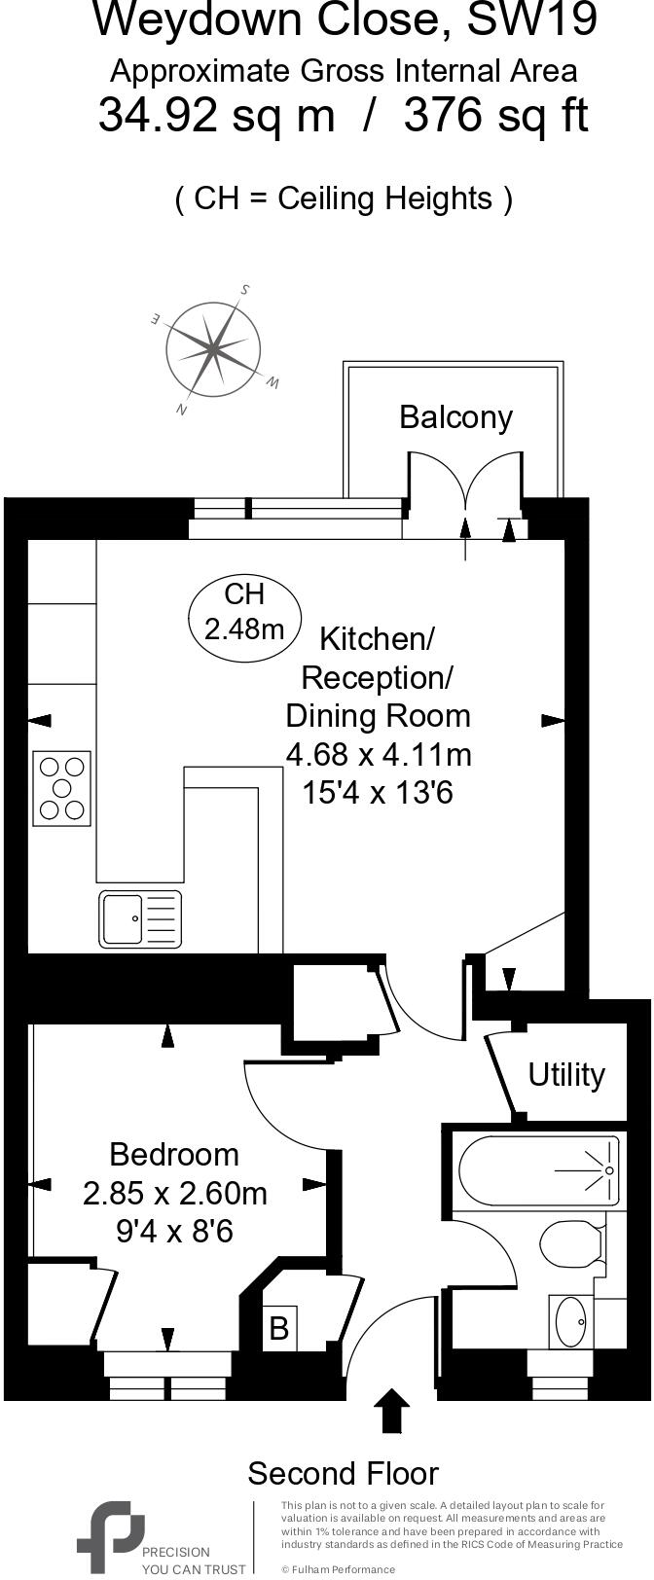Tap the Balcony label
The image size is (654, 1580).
click(x=455, y=417)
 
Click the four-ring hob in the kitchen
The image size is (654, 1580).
click(x=62, y=787)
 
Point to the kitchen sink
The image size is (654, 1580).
click(x=140, y=918)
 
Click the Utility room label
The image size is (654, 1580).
click(x=566, y=1074)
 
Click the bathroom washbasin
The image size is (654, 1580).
click(x=570, y=1321)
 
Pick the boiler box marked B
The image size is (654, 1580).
click(x=278, y=1328)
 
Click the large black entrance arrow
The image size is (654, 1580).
click(x=391, y=1410)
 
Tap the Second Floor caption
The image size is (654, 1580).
click(x=343, y=1473)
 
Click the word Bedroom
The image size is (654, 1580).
click(x=174, y=1154)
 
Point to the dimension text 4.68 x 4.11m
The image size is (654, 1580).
click(x=378, y=754)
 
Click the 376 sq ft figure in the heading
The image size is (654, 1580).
click(x=495, y=117)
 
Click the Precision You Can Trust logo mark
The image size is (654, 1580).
click(x=109, y=1533)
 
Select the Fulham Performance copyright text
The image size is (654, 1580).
click(x=338, y=1569)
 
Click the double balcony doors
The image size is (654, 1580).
click(x=466, y=486)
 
